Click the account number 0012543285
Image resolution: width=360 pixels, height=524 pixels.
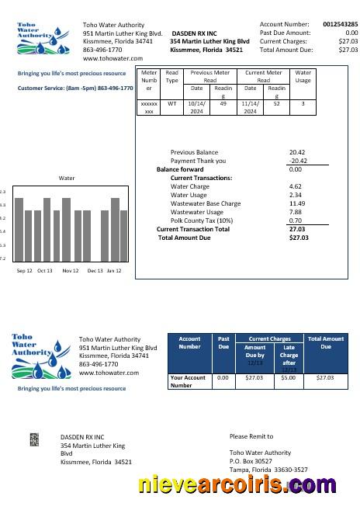341,25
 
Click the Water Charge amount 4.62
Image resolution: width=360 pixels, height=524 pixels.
295,186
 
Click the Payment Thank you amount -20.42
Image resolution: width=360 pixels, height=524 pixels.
298,161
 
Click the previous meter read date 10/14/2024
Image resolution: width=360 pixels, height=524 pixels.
197,106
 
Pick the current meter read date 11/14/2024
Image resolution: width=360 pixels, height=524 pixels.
250,106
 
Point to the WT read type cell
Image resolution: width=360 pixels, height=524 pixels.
171,102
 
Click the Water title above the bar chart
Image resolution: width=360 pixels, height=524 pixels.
67,178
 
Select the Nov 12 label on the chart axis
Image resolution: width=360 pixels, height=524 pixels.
71,271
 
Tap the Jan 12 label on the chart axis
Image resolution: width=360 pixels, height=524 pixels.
114,271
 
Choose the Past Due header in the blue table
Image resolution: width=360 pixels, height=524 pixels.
223,342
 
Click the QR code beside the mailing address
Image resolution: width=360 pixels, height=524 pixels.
34,439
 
